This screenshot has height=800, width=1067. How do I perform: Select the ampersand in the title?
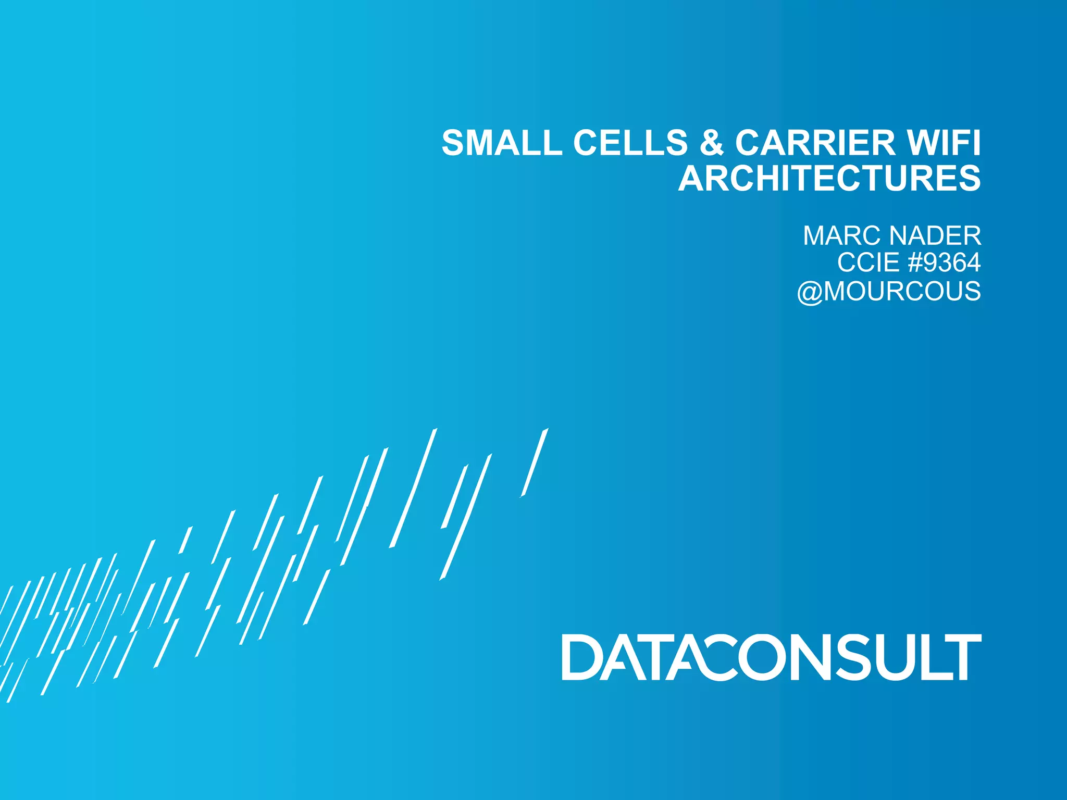point(712,143)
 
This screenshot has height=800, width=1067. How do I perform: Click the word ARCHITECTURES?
point(829,178)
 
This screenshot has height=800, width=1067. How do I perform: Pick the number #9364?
point(944,262)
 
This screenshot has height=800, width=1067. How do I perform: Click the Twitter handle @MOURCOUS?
point(889,291)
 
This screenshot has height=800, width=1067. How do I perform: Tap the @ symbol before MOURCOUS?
point(809,292)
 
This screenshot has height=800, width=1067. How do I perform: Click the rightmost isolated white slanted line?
point(535,463)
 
